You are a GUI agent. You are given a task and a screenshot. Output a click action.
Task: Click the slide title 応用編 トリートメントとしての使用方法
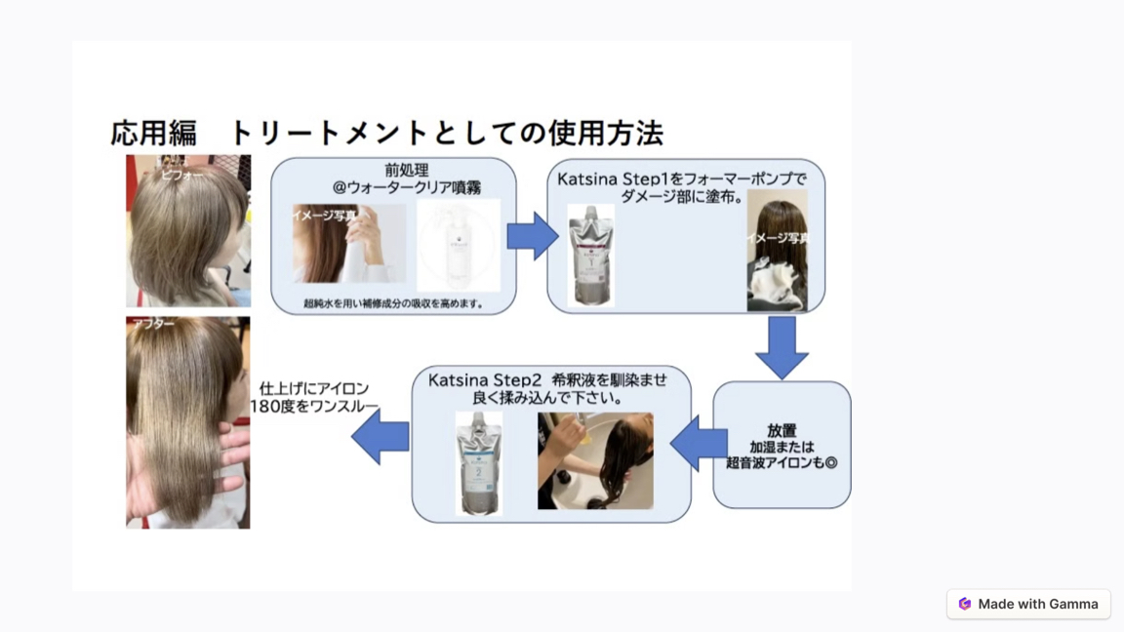pos(386,133)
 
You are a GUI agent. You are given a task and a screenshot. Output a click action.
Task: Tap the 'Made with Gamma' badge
pos(1027,604)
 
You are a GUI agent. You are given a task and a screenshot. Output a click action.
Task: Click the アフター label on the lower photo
pos(154,324)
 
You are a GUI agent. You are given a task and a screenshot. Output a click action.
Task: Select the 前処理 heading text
pos(406,170)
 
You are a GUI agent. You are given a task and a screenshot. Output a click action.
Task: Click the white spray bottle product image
pos(459,245)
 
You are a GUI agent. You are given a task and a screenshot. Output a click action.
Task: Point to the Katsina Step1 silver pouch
pos(591,255)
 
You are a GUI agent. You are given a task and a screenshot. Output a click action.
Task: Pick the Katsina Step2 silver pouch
pos(479,462)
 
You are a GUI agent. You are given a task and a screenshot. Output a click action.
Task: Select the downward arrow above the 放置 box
pos(782,346)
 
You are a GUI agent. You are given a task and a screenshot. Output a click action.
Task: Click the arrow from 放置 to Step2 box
pos(700,443)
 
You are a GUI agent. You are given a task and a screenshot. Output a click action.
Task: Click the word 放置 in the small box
pos(782,430)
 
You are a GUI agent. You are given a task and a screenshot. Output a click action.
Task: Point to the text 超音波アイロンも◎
pos(782,463)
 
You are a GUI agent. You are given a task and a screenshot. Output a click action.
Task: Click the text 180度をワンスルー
pos(314,406)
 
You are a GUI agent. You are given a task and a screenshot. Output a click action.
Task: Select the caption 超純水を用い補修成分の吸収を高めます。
pos(393,303)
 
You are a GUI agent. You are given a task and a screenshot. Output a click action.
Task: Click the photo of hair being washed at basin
pos(595,460)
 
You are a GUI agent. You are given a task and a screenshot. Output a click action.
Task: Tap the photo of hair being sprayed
pos(348,244)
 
